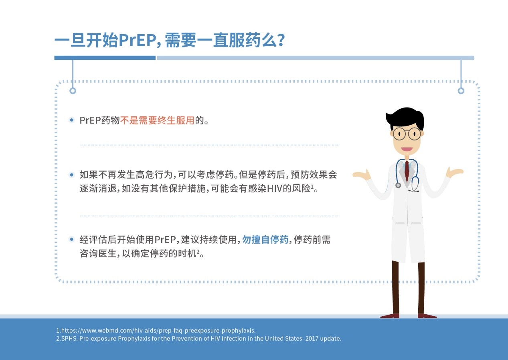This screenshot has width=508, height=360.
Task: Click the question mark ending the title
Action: [x=281, y=41]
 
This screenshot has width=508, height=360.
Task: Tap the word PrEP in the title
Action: [x=135, y=41]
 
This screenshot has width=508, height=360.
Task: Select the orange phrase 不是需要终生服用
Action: [x=157, y=120]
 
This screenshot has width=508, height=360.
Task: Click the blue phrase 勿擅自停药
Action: [x=265, y=240]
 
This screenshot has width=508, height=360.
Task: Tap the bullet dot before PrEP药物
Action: [x=72, y=120]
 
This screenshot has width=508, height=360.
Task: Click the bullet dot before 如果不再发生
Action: [x=72, y=175]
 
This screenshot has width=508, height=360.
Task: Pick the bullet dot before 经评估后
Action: [x=72, y=240]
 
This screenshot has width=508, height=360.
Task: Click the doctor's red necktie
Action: [x=407, y=171]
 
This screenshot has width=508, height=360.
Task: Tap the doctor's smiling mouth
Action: [x=407, y=149]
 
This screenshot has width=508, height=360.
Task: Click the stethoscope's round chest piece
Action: [x=398, y=185]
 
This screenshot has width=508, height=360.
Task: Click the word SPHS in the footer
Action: [x=67, y=338]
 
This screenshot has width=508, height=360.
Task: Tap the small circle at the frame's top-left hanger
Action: [x=73, y=91]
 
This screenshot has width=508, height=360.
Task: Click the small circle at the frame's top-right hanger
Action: [x=461, y=91]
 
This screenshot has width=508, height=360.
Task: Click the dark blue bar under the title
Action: [x=105, y=58]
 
